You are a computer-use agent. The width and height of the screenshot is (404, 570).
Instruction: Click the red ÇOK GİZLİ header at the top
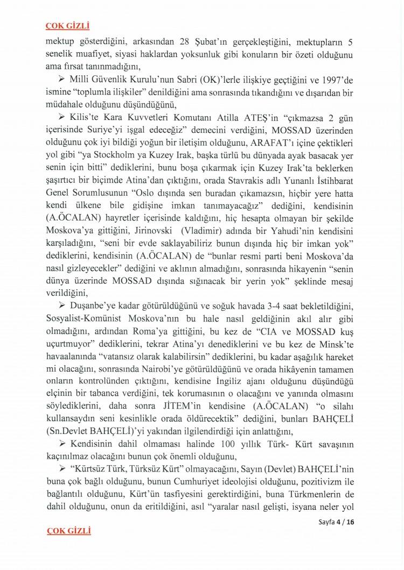pos(67,25)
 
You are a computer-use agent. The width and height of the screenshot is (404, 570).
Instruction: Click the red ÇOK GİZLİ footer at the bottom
pos(68,531)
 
